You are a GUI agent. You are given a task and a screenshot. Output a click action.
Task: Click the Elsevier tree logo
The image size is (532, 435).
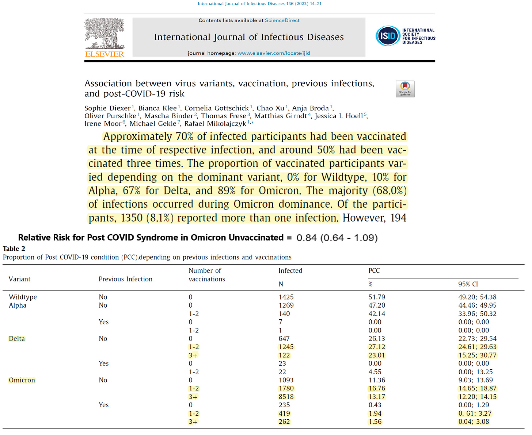coord(104,34)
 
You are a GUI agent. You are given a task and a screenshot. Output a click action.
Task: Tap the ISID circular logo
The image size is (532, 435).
coord(388,36)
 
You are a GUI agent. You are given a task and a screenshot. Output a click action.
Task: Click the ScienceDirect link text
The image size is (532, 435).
coord(282,20)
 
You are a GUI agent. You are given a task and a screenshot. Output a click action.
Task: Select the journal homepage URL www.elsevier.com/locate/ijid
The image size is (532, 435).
coord(274,53)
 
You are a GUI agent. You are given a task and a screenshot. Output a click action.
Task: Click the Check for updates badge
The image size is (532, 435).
coord(405,89)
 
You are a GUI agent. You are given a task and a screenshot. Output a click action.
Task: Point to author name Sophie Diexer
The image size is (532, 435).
coord(107,108)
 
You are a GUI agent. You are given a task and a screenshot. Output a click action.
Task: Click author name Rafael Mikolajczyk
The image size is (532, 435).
coord(215,123)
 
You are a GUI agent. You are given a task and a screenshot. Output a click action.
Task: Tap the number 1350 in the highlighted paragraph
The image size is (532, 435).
coord(132,218)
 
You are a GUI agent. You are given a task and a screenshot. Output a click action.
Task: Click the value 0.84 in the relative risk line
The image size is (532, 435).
coord(306,238)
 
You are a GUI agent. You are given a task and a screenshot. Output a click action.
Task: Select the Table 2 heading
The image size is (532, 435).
coord(14,249)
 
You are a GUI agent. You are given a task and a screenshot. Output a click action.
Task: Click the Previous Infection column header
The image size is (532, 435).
coord(125,279)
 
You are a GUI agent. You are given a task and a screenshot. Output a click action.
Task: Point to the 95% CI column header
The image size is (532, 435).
coord(468,284)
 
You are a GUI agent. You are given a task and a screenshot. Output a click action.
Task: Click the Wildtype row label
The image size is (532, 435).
coord(23,297)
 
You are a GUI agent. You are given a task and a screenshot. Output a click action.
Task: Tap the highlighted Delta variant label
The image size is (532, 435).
coord(17,339)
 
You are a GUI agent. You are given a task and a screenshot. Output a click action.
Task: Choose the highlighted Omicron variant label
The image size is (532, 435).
coord(22,380)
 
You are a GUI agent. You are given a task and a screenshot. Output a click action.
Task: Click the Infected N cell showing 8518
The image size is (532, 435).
coord(286,397)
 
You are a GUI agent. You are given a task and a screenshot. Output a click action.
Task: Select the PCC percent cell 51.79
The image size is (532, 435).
coord(377,297)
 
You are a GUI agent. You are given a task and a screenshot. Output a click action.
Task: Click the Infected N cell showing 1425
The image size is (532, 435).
coord(286,297)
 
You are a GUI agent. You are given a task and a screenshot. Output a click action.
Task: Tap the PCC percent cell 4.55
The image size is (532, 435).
coord(375,372)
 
